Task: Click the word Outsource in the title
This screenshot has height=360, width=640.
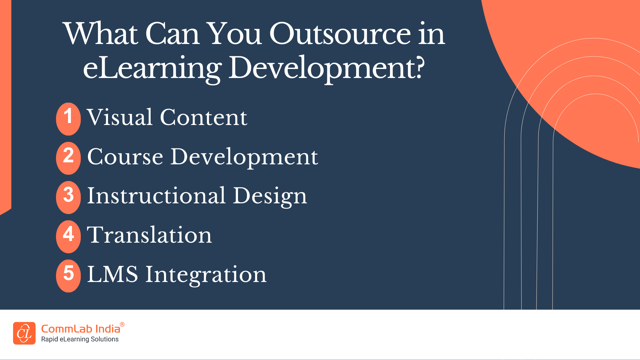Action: click(340, 34)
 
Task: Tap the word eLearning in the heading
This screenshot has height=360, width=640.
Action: click(152, 68)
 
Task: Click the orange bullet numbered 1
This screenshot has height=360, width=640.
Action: click(68, 119)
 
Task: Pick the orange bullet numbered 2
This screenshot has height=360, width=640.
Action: click(68, 158)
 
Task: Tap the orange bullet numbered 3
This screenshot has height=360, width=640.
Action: click(68, 197)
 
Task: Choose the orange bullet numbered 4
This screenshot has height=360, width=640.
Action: click(68, 237)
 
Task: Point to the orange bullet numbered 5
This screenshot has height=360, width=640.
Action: click(68, 276)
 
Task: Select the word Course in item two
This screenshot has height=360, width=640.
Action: click(125, 157)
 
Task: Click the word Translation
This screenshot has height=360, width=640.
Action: click(149, 235)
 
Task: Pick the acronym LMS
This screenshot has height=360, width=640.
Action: click(113, 274)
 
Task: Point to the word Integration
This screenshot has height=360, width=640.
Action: click(206, 275)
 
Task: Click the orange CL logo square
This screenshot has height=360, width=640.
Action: click(24, 333)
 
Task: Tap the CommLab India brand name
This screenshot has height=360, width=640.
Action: click(81, 329)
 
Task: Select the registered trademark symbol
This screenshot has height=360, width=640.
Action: click(122, 324)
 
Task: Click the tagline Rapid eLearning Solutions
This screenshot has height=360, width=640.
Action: click(80, 339)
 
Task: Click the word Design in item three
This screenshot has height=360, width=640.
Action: click(270, 197)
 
